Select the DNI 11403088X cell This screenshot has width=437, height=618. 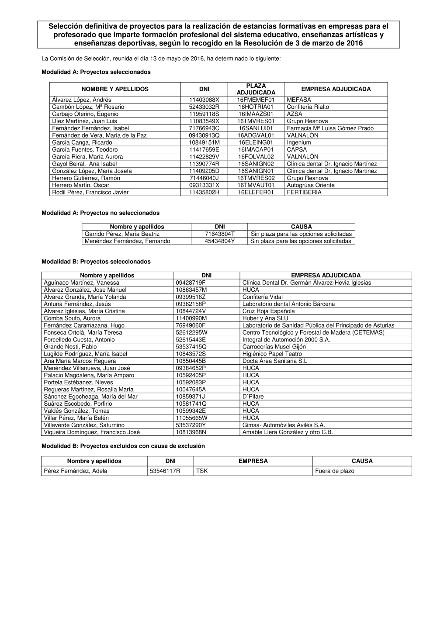[204, 100]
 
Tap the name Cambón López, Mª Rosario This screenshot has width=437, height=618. [88, 107]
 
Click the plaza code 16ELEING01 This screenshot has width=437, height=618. [256, 142]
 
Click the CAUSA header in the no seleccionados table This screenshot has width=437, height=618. [301, 227]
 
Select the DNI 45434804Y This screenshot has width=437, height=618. [219, 241]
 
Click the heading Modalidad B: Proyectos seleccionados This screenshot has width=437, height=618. [96, 262]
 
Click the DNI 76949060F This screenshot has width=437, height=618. [191, 325]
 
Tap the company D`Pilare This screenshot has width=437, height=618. [253, 397]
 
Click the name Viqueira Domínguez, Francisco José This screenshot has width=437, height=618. [92, 432]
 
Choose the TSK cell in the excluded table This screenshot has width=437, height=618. [202, 471]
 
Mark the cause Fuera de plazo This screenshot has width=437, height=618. [335, 471]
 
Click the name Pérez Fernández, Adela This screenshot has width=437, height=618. [76, 471]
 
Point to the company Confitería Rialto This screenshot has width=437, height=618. [308, 107]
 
